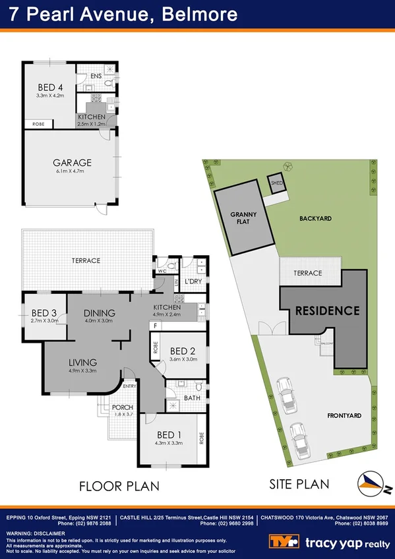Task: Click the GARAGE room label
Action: tap(72, 162)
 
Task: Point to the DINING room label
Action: tap(99, 313)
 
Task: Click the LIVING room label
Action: tap(82, 362)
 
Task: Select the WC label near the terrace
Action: tap(162, 270)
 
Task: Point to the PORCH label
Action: tap(122, 407)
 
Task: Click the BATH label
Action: tap(191, 397)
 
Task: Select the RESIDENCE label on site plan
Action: tap(327, 310)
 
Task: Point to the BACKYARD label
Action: tap(315, 218)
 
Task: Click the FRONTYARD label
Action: tap(344, 416)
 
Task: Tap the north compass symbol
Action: tap(370, 483)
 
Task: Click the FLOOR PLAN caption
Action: tap(119, 486)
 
